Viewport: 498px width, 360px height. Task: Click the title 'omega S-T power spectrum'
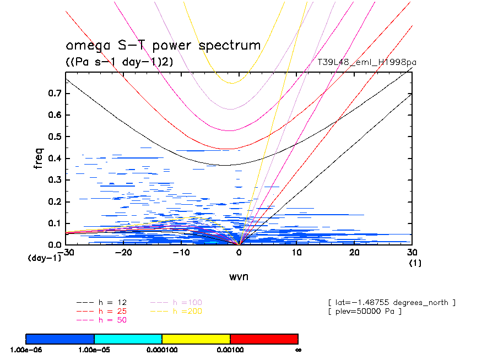tap(163, 46)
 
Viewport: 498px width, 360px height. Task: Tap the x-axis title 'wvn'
tap(239, 276)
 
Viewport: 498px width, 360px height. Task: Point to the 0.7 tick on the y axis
tap(54, 94)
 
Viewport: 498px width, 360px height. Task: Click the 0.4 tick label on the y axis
tap(54, 159)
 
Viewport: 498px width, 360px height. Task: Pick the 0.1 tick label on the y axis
tap(54, 223)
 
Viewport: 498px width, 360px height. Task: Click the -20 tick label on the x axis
tap(123, 252)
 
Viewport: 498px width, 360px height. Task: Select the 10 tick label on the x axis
tap(296, 252)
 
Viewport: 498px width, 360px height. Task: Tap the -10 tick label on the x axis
tap(181, 252)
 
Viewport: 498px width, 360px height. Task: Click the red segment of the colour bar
tap(264, 338)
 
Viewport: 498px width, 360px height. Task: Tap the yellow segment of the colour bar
tap(196, 338)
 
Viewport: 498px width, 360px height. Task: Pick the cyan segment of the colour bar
tap(128, 338)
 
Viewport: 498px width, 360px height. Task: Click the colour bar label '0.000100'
tap(162, 350)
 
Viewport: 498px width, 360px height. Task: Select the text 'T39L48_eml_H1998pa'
tap(367, 62)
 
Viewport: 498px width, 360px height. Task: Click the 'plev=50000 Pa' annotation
tap(365, 312)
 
